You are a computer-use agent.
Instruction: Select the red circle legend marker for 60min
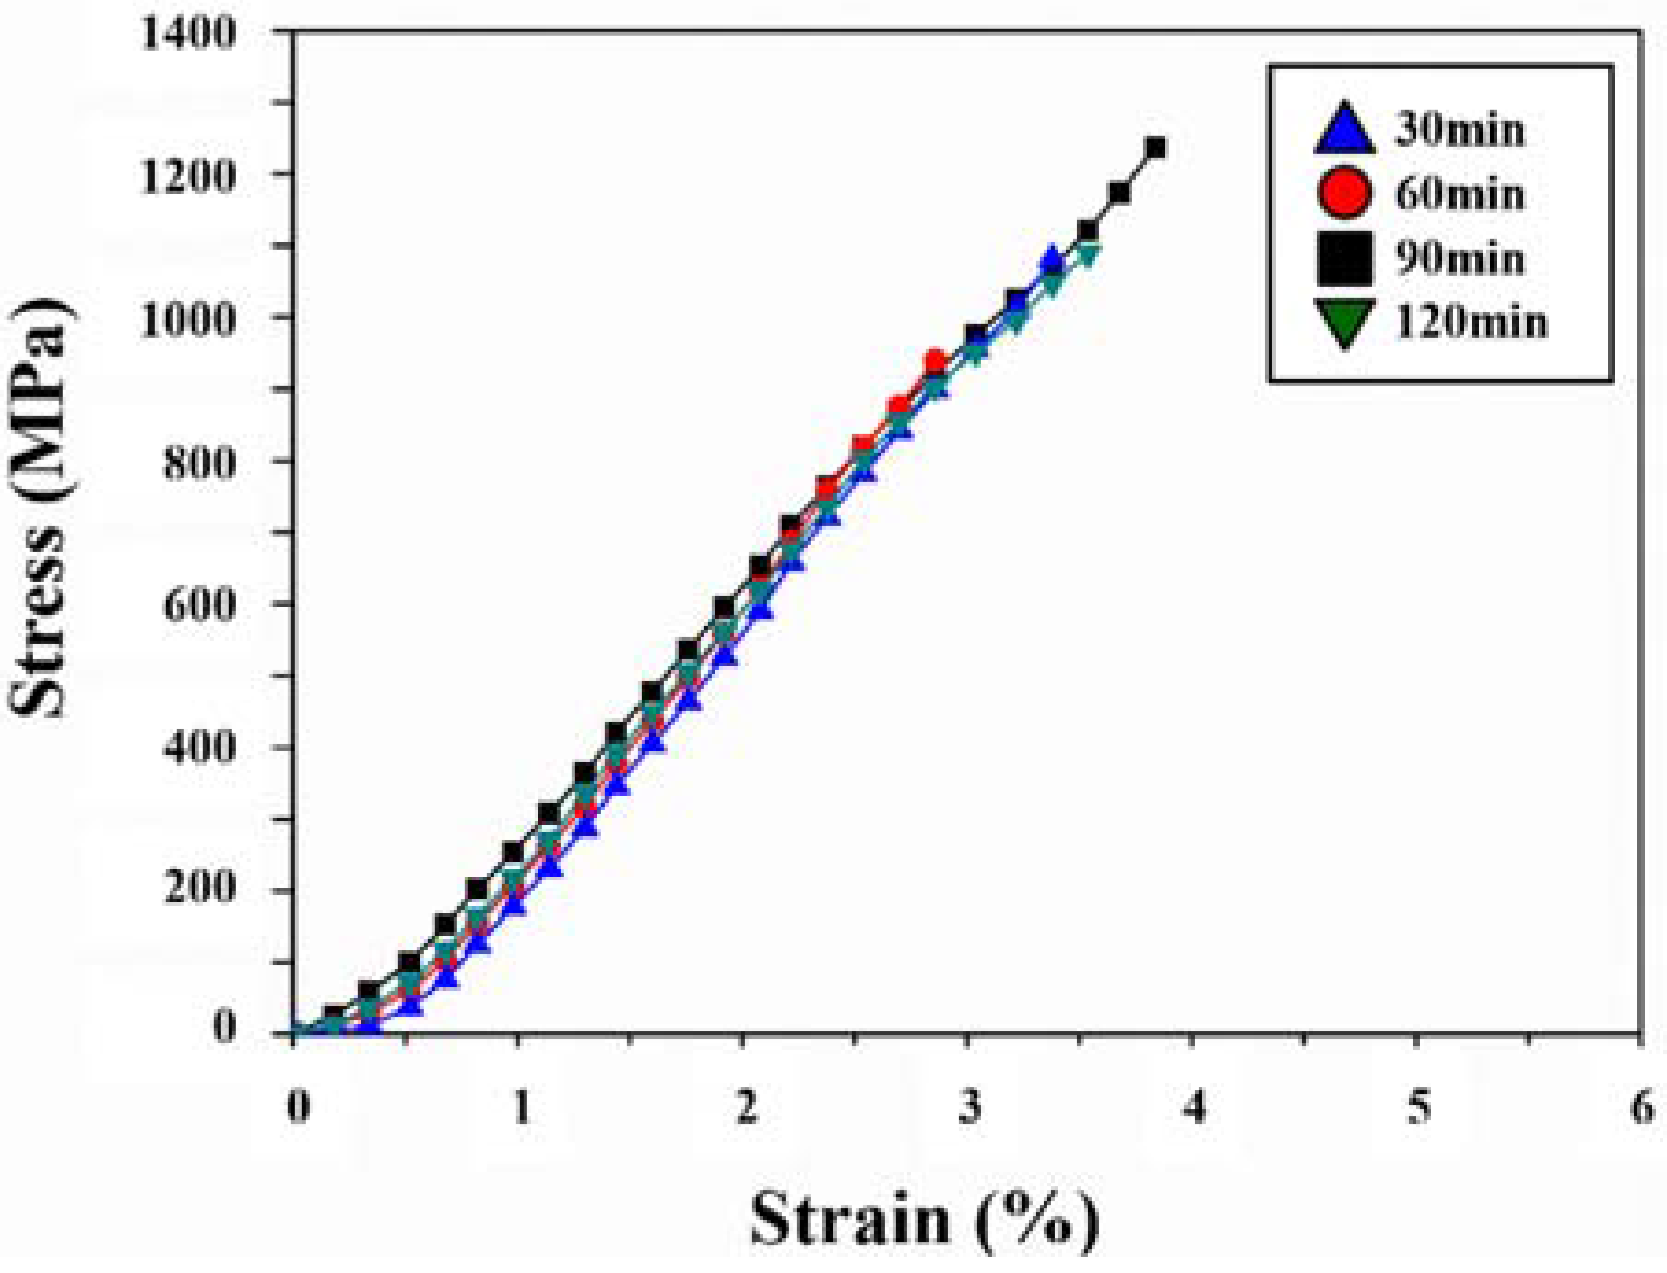(1344, 193)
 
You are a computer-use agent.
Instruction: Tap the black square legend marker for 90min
(1344, 258)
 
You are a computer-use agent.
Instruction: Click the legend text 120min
(1472, 323)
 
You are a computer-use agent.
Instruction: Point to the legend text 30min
(1460, 128)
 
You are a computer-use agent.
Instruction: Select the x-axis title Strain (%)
(925, 1219)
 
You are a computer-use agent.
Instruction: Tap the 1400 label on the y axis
(188, 33)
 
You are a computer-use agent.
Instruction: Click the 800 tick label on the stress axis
(199, 462)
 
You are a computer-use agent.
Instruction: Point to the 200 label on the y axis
(199, 889)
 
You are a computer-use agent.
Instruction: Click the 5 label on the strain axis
(1419, 1106)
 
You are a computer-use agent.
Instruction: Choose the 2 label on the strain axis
(745, 1106)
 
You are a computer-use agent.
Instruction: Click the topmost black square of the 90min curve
(1155, 147)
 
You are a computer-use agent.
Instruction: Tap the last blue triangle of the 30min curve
(1052, 260)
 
